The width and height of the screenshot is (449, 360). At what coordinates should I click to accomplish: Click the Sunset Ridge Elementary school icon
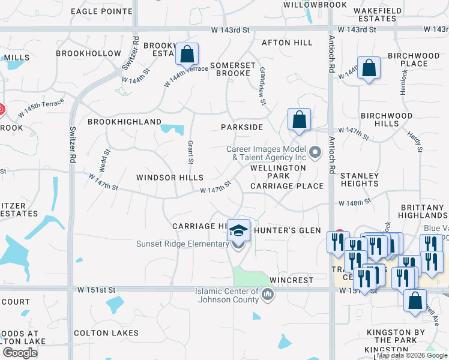(238, 232)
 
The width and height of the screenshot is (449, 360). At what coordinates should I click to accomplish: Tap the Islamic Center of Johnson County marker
(268, 294)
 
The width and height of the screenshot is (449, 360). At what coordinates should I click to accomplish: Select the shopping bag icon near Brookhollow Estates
(187, 55)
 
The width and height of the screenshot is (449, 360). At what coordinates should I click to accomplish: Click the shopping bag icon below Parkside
(298, 119)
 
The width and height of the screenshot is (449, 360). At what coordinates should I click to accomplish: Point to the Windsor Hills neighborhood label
(169, 178)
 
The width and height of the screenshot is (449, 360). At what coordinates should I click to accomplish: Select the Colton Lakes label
(106, 333)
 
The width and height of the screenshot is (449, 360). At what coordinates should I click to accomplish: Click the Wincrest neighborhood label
(292, 280)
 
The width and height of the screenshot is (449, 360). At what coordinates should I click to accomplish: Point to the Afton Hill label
(287, 43)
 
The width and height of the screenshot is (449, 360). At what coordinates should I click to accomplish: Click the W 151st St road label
(96, 290)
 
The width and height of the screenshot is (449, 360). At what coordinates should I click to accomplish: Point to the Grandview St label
(262, 85)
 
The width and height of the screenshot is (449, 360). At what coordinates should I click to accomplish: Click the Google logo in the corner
(20, 353)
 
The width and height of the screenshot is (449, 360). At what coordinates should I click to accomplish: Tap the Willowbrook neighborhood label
(315, 5)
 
